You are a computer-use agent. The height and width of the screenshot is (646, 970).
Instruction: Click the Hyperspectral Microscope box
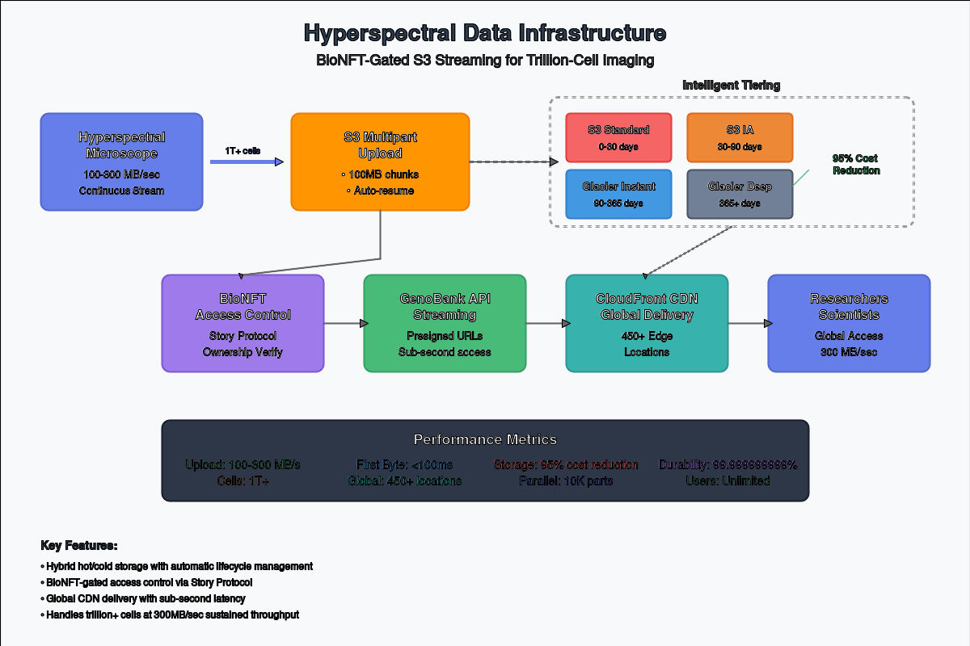[x=121, y=161]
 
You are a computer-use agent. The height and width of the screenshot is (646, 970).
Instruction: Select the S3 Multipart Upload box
[x=380, y=161]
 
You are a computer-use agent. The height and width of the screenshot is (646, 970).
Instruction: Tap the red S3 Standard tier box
[x=618, y=137]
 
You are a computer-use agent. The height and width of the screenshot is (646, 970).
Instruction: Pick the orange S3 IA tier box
[x=740, y=137]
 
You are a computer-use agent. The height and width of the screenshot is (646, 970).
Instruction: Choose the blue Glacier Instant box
[x=618, y=194]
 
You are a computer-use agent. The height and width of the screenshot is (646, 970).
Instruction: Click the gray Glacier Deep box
[x=740, y=194]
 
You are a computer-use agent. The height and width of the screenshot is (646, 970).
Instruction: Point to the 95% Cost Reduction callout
[x=855, y=165]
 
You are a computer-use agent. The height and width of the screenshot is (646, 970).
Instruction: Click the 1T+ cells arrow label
[x=242, y=151]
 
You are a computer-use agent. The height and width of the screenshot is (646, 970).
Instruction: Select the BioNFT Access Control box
[x=242, y=323]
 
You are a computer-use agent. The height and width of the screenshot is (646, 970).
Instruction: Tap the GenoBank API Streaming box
[x=445, y=323]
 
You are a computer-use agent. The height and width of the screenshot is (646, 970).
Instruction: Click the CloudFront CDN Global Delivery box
[x=647, y=323]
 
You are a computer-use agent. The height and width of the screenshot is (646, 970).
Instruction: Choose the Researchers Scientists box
[x=849, y=323]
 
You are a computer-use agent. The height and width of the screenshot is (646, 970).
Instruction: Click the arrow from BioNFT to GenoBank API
[x=344, y=323]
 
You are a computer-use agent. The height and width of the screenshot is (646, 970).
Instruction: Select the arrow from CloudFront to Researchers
[x=748, y=323]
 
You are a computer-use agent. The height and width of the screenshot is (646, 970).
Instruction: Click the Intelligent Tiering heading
[x=732, y=85]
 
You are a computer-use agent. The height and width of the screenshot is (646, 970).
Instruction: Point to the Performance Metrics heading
[x=485, y=440]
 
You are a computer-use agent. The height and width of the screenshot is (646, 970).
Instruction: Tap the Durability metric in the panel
[x=727, y=465]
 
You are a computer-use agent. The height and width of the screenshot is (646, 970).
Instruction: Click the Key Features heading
[x=79, y=546]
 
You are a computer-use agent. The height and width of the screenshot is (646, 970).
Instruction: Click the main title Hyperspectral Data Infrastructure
[x=485, y=33]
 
